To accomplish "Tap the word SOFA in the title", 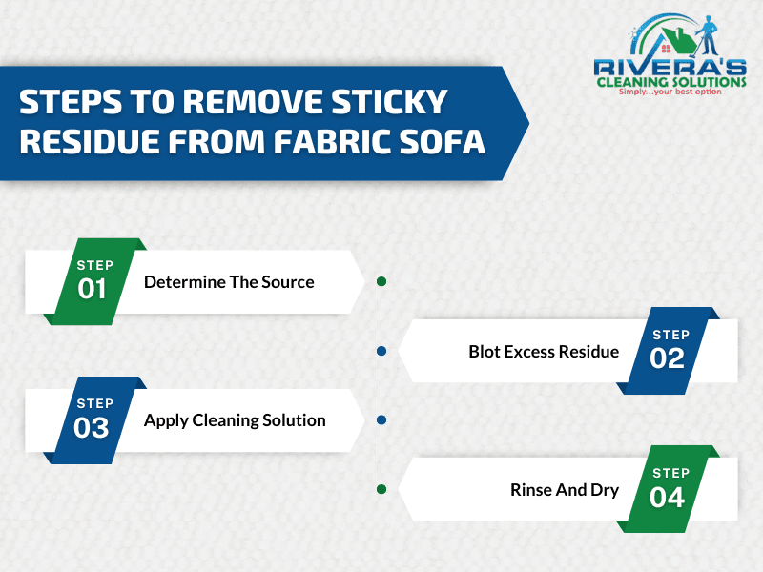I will coord(443,141).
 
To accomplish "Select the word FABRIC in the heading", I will coord(332,141).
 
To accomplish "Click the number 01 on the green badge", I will coord(93,289).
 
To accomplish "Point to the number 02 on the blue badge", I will coord(668,357).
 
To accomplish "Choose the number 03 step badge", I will coord(93,427).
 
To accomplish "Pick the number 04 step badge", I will coord(668,496).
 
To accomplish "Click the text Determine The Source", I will coord(229,282).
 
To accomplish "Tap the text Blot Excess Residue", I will coord(544,352).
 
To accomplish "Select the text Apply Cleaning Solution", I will coord(235,420).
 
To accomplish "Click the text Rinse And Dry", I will coord(565,490).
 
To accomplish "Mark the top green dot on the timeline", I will coord(381,281).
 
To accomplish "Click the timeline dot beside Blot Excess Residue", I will coord(381,351).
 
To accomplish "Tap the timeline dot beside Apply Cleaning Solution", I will coord(381,419).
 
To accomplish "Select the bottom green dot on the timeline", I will coord(381,489).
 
